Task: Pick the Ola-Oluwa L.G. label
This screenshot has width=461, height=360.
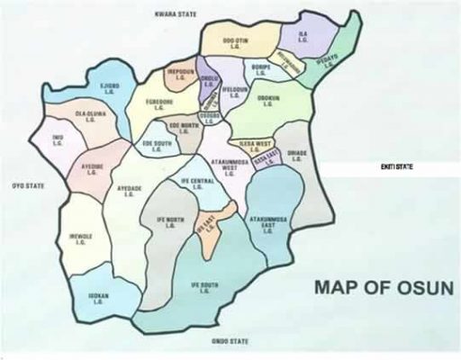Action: point(69,117)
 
